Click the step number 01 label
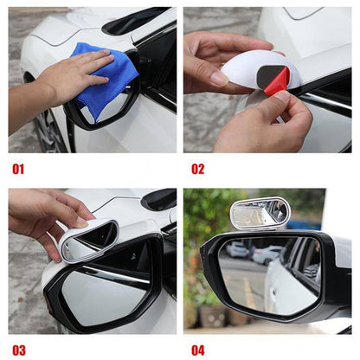coord(18,169)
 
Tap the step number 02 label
coord(198,169)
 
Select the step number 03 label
coord(18,350)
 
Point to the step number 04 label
coord(198,350)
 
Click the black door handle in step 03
coord(160,200)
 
